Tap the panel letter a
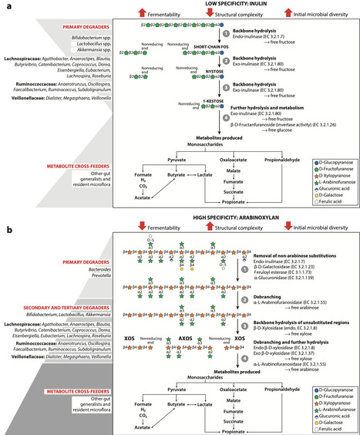coord(5,5)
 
